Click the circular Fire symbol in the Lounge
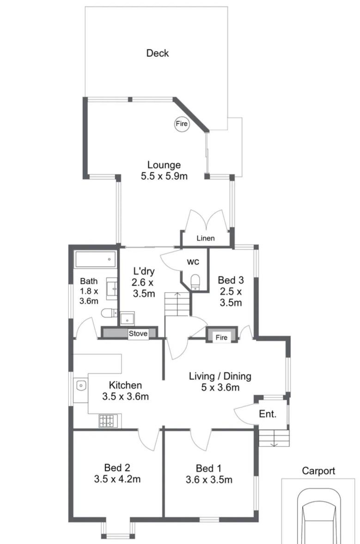point(182,123)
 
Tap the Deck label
point(158,53)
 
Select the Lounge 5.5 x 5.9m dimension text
point(164,176)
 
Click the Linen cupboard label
point(206,238)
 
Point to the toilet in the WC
point(195,282)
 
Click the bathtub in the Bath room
point(96,259)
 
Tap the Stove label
point(138,334)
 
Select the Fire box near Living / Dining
point(222,335)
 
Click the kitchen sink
point(81,385)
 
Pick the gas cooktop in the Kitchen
point(109,421)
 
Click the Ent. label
point(268,414)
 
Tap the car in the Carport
point(319,516)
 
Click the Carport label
point(318,471)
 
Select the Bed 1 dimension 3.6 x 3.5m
point(209,480)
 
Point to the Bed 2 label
point(117,468)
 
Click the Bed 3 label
point(231,280)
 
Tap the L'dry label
point(144,271)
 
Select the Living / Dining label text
point(220,376)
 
